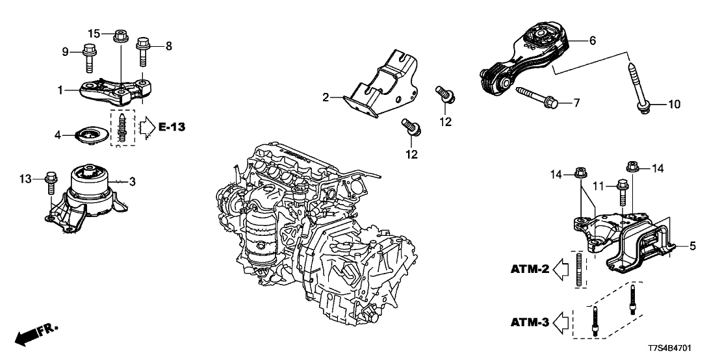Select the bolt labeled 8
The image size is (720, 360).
144,52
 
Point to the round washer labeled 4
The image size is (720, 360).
89,136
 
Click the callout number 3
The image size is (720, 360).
133,182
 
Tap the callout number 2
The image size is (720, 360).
326,98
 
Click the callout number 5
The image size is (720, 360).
693,246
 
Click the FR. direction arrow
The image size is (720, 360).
36,335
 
